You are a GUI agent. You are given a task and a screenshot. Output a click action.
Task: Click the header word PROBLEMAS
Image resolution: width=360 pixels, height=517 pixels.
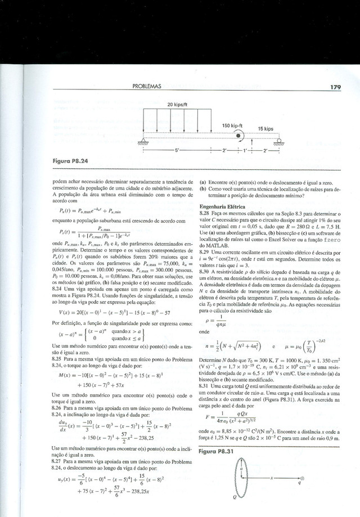[147, 87]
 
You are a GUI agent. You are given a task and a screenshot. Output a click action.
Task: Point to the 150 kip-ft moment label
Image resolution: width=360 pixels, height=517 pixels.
[232, 125]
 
